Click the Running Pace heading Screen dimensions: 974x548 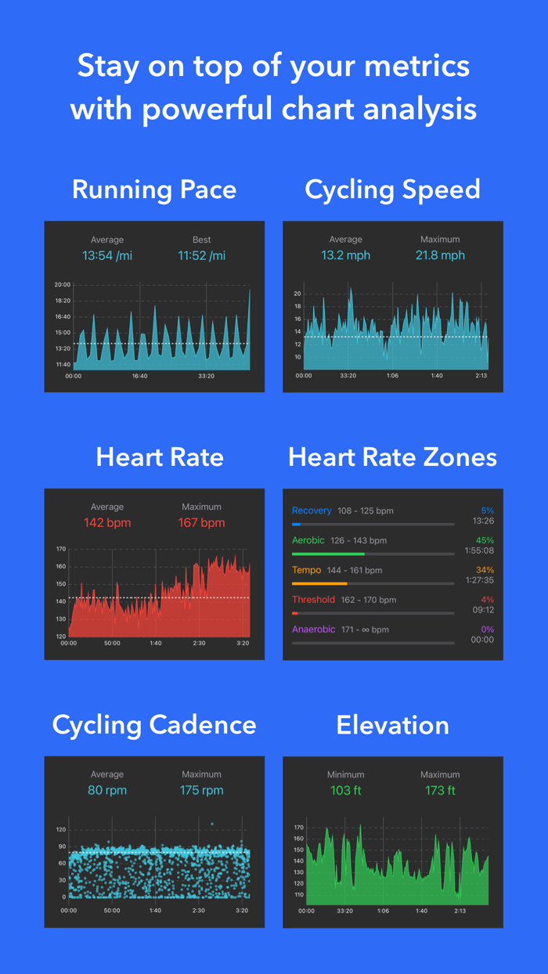[x=154, y=189]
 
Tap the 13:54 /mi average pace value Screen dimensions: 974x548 [x=106, y=255]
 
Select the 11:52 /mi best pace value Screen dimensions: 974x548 [x=201, y=255]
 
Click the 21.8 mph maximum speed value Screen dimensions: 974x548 [x=440, y=255]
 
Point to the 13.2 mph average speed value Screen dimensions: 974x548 [x=345, y=255]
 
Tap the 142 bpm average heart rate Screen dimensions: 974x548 [x=106, y=522]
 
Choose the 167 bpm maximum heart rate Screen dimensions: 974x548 [x=201, y=522]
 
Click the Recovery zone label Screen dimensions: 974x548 [x=312, y=510]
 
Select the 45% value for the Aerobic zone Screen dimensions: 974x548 [x=485, y=540]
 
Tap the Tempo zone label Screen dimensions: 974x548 [x=306, y=570]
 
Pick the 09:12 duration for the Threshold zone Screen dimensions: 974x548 [x=483, y=610]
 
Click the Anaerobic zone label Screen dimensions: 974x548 [x=313, y=629]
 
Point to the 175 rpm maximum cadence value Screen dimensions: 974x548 [x=201, y=790]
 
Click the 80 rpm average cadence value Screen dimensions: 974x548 [x=106, y=790]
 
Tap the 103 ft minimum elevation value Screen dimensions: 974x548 [x=345, y=790]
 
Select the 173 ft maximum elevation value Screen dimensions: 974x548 [x=440, y=790]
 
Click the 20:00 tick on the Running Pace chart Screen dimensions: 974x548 [x=63, y=285]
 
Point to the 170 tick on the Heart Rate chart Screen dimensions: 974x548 [x=61, y=550]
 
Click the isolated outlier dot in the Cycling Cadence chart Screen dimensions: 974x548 [x=211, y=824]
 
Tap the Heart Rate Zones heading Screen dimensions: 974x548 [x=392, y=457]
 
